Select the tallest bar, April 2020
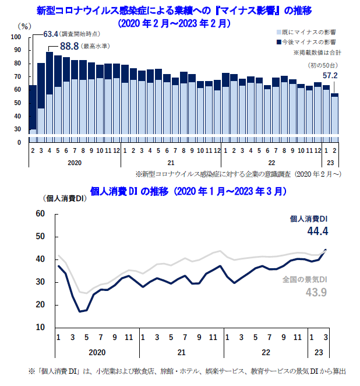pyautogui.click(x=50, y=97)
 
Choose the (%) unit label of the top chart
pyautogui.click(x=25, y=26)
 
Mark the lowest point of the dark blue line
pyautogui.click(x=80, y=311)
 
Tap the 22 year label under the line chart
pyautogui.click(x=266, y=353)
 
